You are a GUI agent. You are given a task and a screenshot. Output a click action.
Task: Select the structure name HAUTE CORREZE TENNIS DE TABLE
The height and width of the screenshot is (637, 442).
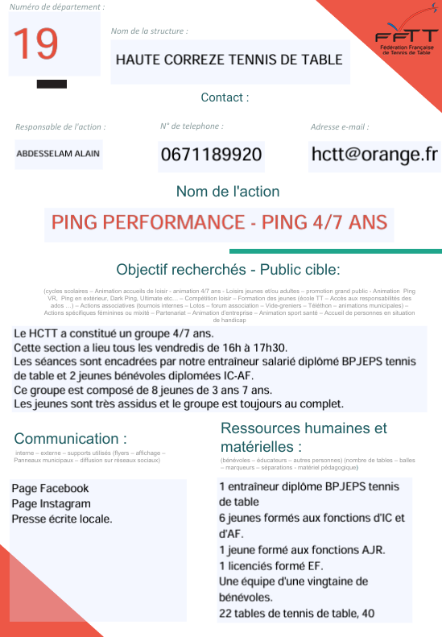229,60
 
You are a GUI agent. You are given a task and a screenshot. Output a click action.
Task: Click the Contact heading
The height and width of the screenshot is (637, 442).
225,97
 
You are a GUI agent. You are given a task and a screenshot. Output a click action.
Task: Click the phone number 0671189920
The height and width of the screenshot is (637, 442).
212,155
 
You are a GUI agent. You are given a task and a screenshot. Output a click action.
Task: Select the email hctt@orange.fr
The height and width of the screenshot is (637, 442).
374,154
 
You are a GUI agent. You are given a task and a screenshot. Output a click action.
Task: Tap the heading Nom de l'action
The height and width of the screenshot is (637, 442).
228,192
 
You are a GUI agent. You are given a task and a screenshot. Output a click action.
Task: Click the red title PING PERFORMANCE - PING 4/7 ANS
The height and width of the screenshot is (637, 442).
220,222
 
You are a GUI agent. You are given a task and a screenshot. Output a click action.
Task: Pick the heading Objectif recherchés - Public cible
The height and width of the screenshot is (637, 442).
229,269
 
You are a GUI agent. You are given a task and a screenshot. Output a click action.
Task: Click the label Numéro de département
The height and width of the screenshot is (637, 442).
57,7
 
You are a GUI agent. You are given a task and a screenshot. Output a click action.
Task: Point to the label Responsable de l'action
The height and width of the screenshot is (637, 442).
60,127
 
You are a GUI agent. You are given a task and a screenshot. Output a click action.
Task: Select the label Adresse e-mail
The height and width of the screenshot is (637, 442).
340,127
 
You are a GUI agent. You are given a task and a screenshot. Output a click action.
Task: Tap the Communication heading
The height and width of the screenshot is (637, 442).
71,439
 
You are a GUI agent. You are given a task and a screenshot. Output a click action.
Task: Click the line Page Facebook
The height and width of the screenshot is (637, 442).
50,489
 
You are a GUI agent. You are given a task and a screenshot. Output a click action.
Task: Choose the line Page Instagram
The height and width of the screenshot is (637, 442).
51,504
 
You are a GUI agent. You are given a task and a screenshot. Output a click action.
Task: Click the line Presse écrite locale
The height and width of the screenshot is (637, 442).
62,519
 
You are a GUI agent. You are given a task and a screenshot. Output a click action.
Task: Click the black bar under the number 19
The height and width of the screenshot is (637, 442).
52,84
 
